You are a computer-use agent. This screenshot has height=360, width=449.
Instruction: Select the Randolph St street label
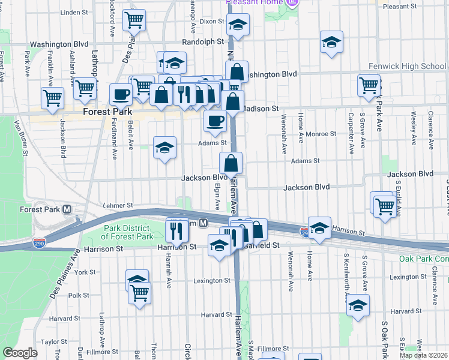(x=203, y=43)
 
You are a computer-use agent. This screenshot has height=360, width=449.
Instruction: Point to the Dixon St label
(x=211, y=21)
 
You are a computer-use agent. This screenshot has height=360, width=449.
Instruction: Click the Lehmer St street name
(x=118, y=205)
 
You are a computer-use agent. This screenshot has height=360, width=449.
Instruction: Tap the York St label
(x=85, y=272)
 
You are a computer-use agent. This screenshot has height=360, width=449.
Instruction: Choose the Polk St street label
(x=79, y=295)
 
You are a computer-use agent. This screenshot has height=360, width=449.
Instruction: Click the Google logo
(x=20, y=353)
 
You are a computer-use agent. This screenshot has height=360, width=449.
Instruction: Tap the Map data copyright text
(x=423, y=355)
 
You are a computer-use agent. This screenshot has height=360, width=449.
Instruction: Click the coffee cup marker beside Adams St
(x=215, y=122)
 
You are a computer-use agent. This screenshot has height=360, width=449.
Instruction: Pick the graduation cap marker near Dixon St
(x=238, y=25)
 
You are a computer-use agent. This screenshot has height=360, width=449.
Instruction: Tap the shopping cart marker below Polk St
(x=140, y=294)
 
